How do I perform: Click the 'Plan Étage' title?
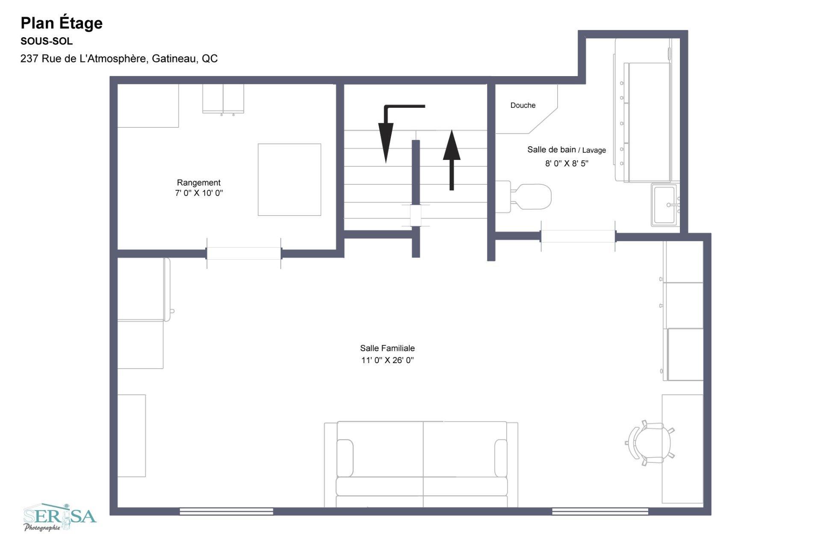coord(62,23)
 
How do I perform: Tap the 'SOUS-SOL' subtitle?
coord(47,41)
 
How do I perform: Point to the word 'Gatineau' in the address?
coord(174,59)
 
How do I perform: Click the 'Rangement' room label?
coord(199,183)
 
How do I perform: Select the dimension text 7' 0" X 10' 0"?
coord(199,193)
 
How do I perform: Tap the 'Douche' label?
coord(523,105)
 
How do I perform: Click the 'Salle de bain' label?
coord(551,150)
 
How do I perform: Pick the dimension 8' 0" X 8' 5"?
coord(567,163)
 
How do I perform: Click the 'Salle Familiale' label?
coord(387,348)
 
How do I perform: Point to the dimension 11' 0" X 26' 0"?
coord(387,360)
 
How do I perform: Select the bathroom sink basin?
coord(665,205)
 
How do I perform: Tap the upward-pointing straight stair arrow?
coord(452,160)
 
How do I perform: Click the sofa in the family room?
coord(421,464)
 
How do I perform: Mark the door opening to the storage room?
coord(244,254)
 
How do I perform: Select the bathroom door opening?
coord(578,236)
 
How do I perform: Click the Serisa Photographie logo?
coord(60,517)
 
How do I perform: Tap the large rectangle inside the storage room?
coord(289,180)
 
